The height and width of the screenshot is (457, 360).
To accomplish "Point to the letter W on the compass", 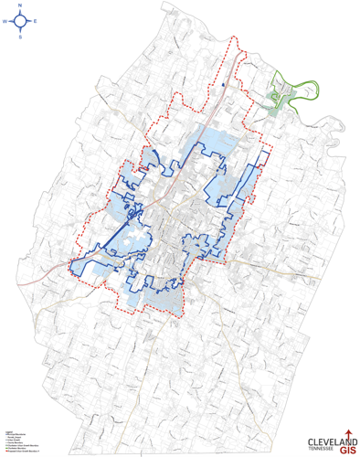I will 5,22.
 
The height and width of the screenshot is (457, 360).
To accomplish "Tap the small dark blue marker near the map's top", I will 222,88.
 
